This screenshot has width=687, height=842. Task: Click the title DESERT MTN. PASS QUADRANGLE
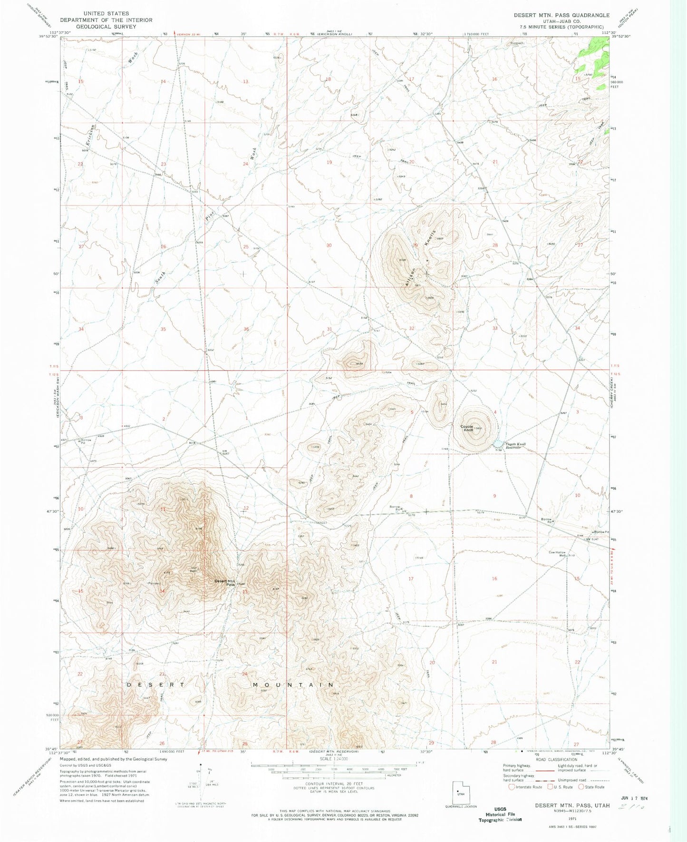[x=561, y=15]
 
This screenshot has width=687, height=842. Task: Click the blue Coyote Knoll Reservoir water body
[x=499, y=444]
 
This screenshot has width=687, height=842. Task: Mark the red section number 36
[x=246, y=329]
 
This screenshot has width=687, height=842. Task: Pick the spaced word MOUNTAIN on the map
[x=293, y=685]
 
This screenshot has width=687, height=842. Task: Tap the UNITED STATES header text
[x=106, y=14]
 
